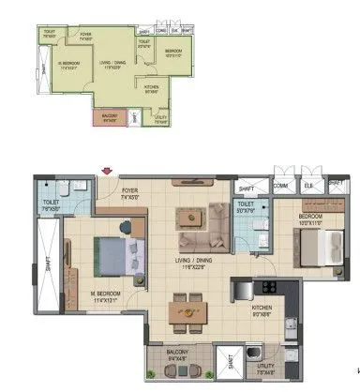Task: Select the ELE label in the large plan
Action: point(308,186)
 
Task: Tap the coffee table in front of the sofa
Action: point(191,216)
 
